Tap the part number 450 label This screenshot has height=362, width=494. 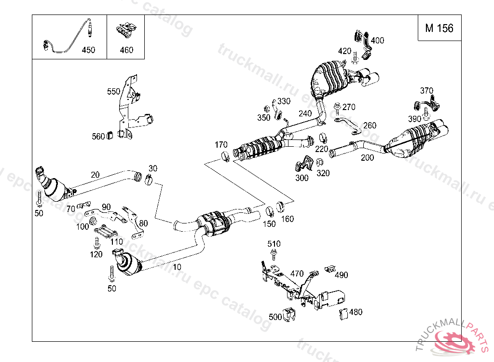pos(88,50)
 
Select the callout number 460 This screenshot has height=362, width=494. pos(126,50)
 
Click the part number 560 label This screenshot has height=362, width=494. pos(98,137)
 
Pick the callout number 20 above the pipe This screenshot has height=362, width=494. pos(95,174)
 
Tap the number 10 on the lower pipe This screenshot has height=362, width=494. pos(177,266)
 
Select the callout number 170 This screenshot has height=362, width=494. pos(221,144)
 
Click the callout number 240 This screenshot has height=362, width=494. pos(305,113)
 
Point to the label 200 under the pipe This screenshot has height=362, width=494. pos(367,157)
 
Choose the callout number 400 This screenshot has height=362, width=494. pos(377,41)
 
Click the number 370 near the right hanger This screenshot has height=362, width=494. pos(426,91)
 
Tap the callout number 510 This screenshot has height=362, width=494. pos(274,244)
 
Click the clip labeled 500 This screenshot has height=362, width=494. pos(289,315)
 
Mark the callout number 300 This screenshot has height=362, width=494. pos(302,178)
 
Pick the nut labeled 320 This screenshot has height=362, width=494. pos(319,163)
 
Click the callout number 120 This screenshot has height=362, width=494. pos(96,254)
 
